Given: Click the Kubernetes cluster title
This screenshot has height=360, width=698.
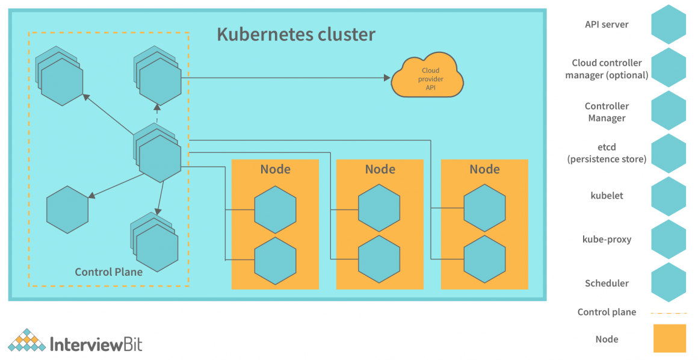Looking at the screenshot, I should [295, 34].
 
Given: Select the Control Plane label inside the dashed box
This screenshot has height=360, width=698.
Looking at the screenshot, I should [108, 272].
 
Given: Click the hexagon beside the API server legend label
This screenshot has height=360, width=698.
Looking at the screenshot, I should [669, 25].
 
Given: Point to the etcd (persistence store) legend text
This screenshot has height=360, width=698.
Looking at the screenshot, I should [607, 154].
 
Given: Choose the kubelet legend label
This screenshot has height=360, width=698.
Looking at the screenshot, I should [607, 196].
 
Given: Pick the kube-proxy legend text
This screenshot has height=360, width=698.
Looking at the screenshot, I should [607, 240].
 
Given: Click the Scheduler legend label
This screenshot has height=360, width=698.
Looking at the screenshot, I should [607, 283].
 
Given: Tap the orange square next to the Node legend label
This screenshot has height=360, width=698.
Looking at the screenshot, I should [669, 338].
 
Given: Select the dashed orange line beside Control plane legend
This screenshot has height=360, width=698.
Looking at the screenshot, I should [669, 313].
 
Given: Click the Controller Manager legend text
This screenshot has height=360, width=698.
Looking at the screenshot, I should [607, 112].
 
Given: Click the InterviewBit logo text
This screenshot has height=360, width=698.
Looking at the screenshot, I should [96, 344].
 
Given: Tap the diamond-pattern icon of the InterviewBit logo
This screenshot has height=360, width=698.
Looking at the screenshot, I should [26, 340].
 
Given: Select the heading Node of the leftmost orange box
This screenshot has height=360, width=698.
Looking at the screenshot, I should [275, 169].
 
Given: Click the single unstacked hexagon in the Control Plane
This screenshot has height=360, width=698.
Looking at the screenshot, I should [67, 209].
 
